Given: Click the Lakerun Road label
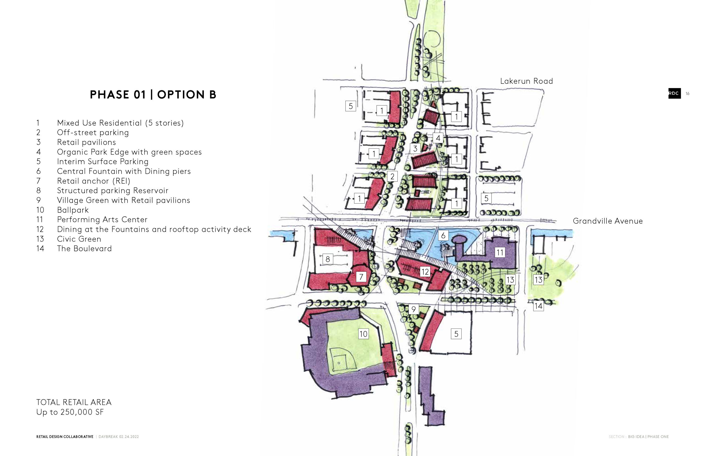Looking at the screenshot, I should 526,81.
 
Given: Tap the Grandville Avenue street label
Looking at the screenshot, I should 608,221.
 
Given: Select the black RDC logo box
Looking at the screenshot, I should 674,93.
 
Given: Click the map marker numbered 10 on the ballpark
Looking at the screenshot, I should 363,334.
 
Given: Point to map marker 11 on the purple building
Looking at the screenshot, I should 500,253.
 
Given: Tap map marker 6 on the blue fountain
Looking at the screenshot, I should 443,235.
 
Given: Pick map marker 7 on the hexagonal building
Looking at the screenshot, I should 361,277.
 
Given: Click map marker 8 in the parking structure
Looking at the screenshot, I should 327,259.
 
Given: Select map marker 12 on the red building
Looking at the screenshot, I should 425,272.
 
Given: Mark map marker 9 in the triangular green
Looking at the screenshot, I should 413,310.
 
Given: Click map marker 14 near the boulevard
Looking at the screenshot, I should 538,306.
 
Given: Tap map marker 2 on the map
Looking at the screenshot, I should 392,177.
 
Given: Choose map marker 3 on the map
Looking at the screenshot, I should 415,148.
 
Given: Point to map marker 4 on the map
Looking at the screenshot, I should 438,138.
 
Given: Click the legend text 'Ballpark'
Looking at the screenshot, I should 73,210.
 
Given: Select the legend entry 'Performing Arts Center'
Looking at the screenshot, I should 102,219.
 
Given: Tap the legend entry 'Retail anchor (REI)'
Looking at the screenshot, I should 94,181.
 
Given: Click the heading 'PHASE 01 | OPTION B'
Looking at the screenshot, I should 153,95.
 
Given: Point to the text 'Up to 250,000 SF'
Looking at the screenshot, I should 70,412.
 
